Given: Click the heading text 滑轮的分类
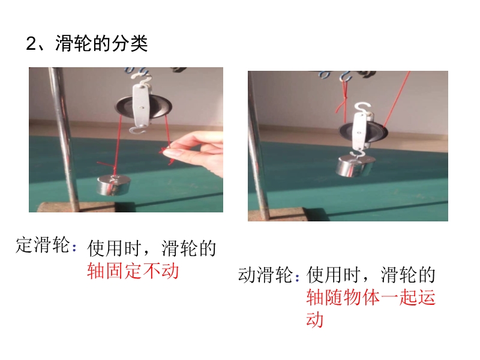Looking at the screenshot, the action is click(x=101, y=43).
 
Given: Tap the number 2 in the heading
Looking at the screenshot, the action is click(x=31, y=43).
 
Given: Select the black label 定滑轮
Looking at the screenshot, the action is click(x=43, y=245).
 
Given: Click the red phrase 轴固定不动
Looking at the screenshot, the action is click(x=133, y=271).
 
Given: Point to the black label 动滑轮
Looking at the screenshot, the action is click(x=265, y=275).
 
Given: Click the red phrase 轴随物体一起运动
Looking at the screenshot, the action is click(x=370, y=308).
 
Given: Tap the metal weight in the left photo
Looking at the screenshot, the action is click(x=113, y=185).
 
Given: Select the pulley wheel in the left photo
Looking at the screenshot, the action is click(x=143, y=107).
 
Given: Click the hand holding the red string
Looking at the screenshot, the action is click(x=196, y=152).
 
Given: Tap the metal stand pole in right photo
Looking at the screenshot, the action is click(x=257, y=145).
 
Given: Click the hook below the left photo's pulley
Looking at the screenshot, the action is click(x=139, y=130).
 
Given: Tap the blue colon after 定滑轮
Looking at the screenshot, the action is click(x=74, y=247).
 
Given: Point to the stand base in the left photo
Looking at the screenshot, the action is click(x=77, y=207).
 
